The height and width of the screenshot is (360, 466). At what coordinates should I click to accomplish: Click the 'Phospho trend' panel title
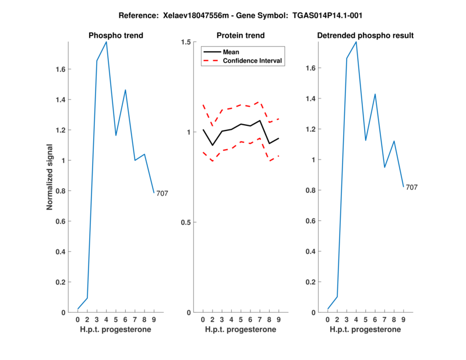point(115,36)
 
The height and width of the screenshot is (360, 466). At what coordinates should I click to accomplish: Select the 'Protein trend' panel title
point(240,36)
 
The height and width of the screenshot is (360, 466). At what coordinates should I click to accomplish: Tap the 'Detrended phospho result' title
point(365,36)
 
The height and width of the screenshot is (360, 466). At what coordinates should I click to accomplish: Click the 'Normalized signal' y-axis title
point(51,177)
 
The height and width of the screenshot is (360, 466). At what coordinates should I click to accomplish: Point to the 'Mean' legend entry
point(231,52)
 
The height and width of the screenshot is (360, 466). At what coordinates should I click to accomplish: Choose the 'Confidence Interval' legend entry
point(253,61)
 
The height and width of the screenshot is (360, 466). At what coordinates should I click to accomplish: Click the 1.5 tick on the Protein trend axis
point(186,42)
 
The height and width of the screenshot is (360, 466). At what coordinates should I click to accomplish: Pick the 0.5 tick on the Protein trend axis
point(186,223)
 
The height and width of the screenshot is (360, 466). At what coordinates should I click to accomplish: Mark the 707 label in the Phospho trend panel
point(162,193)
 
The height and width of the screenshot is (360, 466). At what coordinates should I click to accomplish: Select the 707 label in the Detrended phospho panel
point(411,188)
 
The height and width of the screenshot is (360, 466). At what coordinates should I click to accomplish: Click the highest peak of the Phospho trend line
point(106,42)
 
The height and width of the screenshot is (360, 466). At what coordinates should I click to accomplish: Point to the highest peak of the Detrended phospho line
point(356,42)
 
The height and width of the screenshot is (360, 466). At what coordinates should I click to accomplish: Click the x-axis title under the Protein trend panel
point(240,330)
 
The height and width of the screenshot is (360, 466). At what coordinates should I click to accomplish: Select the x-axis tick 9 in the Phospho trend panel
point(154,319)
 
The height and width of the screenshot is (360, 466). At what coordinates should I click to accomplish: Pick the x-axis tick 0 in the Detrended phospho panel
point(327,319)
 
